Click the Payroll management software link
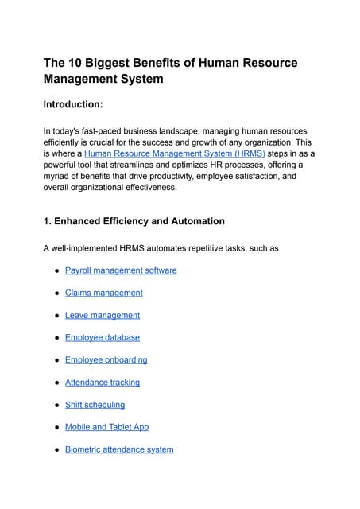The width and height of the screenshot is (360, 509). point(121,270)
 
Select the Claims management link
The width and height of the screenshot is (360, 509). point(103,293)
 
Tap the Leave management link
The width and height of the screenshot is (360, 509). point(102,315)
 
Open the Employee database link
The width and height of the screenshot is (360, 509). point(102,337)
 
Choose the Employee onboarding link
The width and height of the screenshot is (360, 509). point(106,359)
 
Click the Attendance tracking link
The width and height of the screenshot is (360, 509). point(102,382)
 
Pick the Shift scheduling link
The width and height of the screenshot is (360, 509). point(95,404)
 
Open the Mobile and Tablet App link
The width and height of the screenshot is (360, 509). point(106,427)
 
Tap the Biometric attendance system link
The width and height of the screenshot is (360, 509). point(119,449)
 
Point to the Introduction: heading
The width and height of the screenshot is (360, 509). point(82,104)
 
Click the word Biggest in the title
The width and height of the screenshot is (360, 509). point(114,62)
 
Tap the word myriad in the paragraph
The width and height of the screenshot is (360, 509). point(57,177)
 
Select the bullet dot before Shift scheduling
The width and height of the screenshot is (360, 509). point(56,405)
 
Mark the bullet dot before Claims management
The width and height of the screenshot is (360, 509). point(56,293)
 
